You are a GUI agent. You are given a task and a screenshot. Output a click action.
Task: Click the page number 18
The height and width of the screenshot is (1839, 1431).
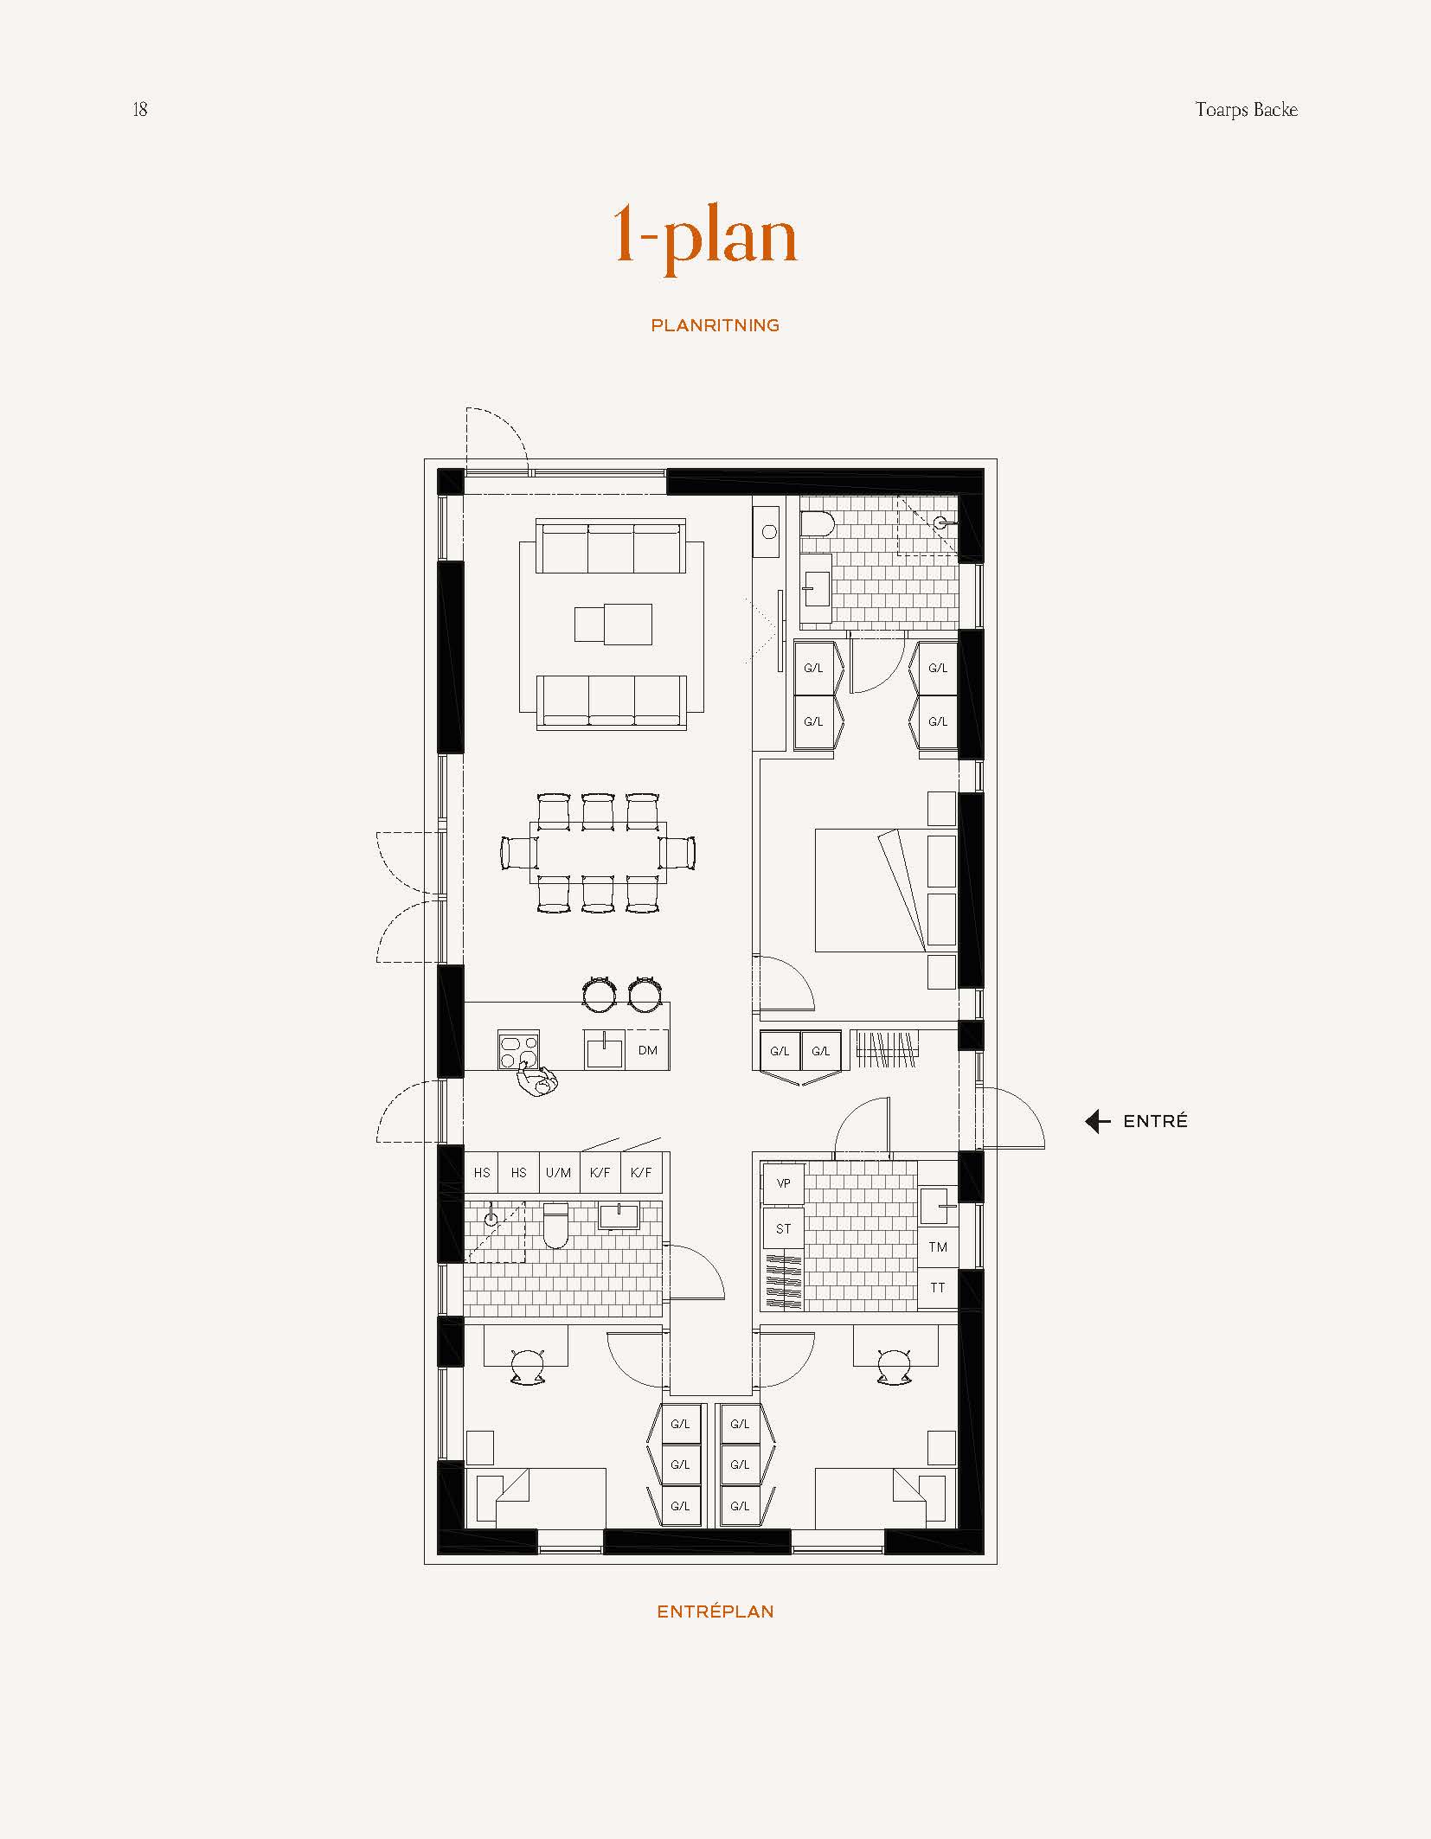[140, 109]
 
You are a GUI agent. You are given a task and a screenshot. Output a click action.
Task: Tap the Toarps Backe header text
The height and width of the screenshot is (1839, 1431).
[1246, 110]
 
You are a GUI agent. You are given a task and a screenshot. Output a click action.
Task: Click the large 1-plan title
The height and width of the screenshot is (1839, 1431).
[704, 237]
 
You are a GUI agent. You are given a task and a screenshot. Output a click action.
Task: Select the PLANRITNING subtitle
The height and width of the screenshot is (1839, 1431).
[715, 325]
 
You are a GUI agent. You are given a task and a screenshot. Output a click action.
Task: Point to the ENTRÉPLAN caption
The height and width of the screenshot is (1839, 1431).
[715, 1612]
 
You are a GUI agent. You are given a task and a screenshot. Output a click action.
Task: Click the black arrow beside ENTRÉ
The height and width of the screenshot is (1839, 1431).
[1097, 1121]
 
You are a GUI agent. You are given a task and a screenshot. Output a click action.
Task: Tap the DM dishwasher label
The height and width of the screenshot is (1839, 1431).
[647, 1050]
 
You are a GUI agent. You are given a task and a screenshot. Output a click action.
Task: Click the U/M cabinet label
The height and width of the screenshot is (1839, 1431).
[558, 1173]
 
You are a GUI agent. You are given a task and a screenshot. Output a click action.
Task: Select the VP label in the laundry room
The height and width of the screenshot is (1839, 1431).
[784, 1183]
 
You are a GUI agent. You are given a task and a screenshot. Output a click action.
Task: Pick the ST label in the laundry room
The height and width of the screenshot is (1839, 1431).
[784, 1228]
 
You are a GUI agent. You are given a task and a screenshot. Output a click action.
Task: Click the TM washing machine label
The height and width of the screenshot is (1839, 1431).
[938, 1246]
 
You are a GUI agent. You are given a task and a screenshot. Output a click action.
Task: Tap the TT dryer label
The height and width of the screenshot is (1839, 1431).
[938, 1287]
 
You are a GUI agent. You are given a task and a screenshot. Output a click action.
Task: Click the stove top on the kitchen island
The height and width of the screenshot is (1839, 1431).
[518, 1050]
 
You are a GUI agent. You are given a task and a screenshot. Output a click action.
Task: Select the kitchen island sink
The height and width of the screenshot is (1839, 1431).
[604, 1049]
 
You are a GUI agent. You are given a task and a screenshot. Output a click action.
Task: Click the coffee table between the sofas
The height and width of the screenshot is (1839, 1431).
[613, 624]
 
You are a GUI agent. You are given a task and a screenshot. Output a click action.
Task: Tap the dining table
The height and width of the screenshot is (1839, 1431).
[598, 853]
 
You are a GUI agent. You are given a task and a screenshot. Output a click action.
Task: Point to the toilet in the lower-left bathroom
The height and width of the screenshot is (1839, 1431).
[555, 1226]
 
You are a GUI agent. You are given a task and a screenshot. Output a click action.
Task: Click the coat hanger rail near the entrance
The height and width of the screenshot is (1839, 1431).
[886, 1048]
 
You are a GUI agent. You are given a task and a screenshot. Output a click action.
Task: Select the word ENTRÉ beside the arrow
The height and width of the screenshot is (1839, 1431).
[1155, 1121]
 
